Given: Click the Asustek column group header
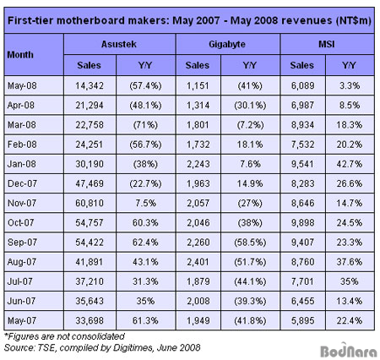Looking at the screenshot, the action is [x=119, y=44].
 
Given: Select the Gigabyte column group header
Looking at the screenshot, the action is [x=227, y=44].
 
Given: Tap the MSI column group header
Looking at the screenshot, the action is [x=327, y=44].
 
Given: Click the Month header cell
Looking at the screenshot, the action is [x=20, y=55].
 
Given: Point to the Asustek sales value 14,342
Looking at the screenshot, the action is [x=90, y=85].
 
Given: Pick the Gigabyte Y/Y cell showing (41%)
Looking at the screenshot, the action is [x=250, y=85].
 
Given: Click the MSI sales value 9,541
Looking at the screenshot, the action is [x=302, y=164].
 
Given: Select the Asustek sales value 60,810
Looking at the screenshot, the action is [x=90, y=203].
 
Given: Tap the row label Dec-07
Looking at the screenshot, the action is [x=22, y=183].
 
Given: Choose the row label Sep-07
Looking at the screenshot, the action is [x=22, y=243].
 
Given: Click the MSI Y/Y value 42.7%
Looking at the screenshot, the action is [x=350, y=164].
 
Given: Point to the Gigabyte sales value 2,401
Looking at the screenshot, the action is [x=198, y=262].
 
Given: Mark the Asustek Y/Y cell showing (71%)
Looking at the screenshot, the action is [x=145, y=125].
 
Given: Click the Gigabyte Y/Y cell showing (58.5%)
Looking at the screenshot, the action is [x=250, y=243].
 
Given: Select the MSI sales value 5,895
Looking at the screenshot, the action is [x=302, y=320].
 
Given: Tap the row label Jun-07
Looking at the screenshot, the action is [x=21, y=301].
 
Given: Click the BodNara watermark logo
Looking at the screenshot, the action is [x=349, y=350].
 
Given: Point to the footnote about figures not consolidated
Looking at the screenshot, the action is [x=64, y=336].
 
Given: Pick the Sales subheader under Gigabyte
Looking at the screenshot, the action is [x=198, y=65].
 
